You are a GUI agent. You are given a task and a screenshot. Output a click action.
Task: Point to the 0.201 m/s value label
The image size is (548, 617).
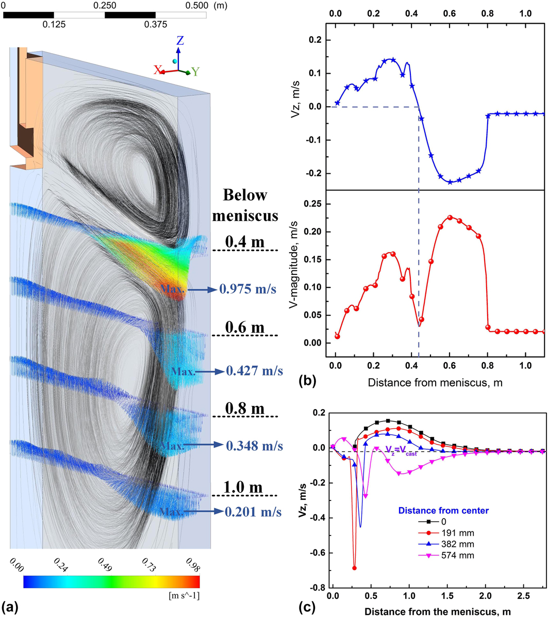(253, 512)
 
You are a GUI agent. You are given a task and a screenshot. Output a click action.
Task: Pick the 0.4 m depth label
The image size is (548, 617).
(243, 241)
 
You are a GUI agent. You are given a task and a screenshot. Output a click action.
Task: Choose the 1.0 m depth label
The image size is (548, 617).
(244, 486)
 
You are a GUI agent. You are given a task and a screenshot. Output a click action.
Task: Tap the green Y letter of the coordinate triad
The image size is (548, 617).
(195, 72)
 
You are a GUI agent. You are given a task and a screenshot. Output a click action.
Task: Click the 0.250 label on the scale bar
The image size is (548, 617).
(105, 5)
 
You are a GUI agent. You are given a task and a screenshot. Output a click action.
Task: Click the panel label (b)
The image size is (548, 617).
(305, 382)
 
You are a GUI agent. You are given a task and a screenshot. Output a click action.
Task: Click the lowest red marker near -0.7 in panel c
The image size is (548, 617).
(354, 568)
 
